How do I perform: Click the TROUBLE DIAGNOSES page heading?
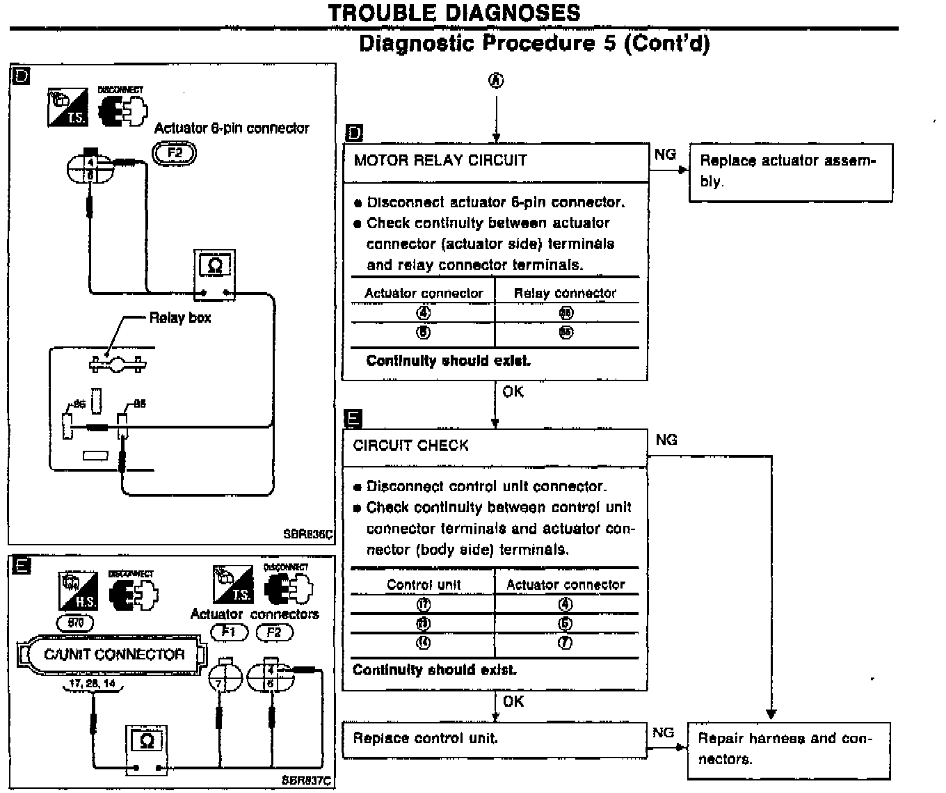pyautogui.click(x=454, y=13)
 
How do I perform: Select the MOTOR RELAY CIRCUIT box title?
pyautogui.click(x=440, y=161)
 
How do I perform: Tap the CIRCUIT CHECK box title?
pyautogui.click(x=410, y=445)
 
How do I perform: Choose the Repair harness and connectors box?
pyautogui.click(x=789, y=749)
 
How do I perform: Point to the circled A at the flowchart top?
pyautogui.click(x=496, y=81)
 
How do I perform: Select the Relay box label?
pyautogui.click(x=180, y=318)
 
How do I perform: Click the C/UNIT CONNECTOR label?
pyautogui.click(x=115, y=655)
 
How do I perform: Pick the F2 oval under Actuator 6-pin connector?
pyautogui.click(x=175, y=152)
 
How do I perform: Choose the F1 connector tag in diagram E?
pyautogui.click(x=228, y=632)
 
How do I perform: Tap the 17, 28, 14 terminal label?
pyautogui.click(x=93, y=684)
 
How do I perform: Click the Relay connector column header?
pyautogui.click(x=565, y=293)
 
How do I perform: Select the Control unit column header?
pyautogui.click(x=423, y=585)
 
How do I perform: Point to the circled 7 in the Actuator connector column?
pyautogui.click(x=566, y=643)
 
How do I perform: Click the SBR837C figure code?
pyautogui.click(x=306, y=780)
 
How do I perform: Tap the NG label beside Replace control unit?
pyautogui.click(x=663, y=732)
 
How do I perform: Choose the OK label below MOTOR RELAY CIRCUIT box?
pyautogui.click(x=513, y=392)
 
